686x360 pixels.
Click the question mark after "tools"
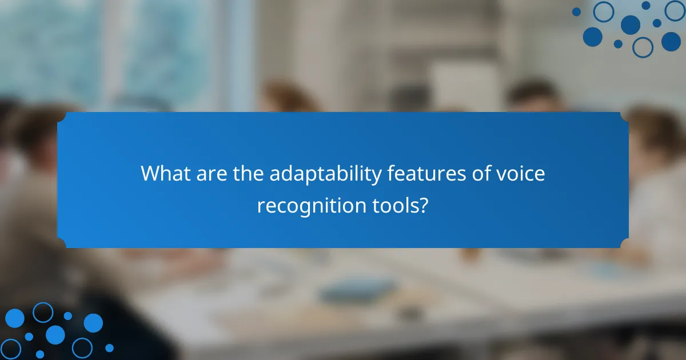coord(424,204)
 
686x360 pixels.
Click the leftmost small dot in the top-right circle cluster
coord(576,11)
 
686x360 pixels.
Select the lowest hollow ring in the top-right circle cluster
coord(643,47)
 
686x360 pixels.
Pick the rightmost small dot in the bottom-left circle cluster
coord(109,347)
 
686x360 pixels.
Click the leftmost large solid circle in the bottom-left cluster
coord(14,318)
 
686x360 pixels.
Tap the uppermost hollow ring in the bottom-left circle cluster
coord(42,312)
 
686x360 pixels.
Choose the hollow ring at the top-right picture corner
coord(675,10)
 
